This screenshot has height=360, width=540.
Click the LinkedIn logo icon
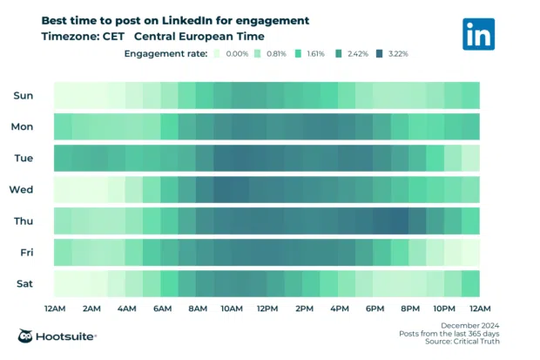pos(479,33)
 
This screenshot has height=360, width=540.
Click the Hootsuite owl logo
pos(27,336)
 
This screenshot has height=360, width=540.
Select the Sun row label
pos(24,95)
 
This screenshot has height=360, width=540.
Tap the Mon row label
pos(23,126)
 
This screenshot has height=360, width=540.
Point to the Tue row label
pos(24,158)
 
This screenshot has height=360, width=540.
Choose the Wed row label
pos(22,189)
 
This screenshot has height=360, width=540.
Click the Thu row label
pos(24,221)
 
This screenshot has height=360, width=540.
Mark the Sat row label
pos(24,283)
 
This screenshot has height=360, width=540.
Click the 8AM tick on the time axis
pos(197,309)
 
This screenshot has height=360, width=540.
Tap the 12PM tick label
pos(267,309)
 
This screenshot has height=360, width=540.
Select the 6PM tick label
pos(375,309)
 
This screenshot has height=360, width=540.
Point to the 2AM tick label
pos(90,309)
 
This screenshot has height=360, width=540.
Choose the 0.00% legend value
pos(237,54)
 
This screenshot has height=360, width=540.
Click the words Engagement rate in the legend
pos(165,54)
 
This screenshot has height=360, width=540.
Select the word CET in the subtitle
pos(111,37)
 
